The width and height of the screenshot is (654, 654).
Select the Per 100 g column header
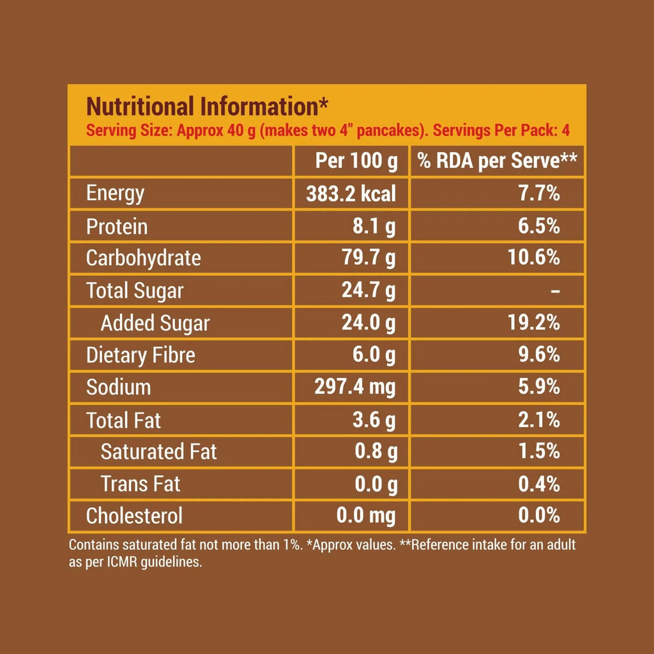coord(356,161)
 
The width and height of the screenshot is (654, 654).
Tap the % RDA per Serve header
coord(498,161)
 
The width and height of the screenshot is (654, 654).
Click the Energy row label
coord(116,194)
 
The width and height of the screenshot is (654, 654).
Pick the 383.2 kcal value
coord(351,194)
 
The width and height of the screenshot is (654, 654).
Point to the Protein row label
coord(117,226)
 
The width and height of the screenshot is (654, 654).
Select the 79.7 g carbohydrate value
coord(369,258)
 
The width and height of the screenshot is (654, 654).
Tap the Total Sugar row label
coord(135,291)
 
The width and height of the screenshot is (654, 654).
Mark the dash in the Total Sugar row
coord(555,291)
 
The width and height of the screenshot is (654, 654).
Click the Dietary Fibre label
coord(141,355)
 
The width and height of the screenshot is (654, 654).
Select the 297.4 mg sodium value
coord(355,387)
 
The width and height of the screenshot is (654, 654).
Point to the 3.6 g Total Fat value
coord(375,420)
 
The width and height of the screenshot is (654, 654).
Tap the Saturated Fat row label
coord(159,452)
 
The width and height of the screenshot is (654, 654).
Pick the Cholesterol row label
coord(134,515)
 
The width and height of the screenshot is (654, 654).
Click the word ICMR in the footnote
coord(118,564)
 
